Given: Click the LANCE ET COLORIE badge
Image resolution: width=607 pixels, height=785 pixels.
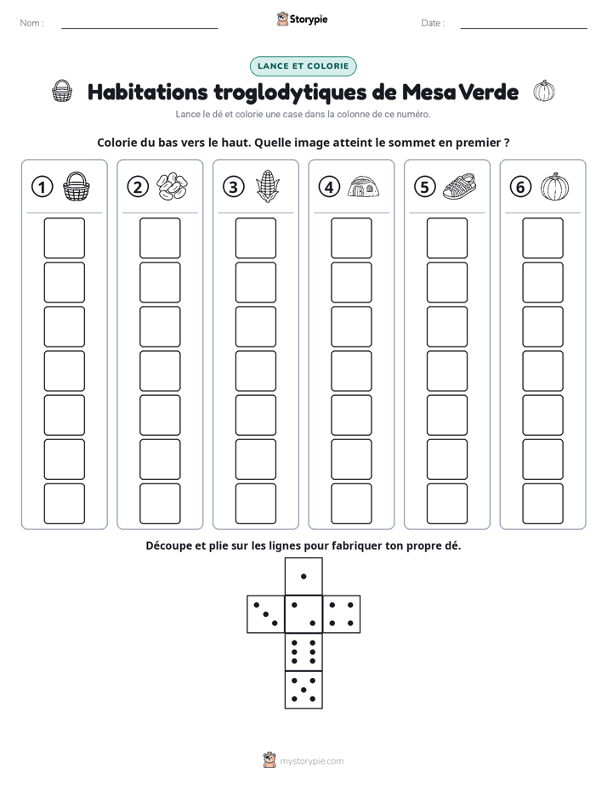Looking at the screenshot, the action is click(303, 66).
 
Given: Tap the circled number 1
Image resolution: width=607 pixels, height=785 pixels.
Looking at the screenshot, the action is click(42, 187).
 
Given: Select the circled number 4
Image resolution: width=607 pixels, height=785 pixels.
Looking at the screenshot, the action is click(329, 187).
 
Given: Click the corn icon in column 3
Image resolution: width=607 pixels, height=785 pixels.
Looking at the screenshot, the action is click(268, 186).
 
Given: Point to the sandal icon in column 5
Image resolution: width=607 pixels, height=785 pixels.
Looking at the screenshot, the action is click(459, 186).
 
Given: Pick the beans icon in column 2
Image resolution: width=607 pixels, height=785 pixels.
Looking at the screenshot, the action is click(172, 186).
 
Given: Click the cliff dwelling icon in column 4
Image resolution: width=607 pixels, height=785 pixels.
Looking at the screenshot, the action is click(364, 186).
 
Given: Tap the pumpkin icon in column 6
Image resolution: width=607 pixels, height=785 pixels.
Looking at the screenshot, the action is click(555, 187).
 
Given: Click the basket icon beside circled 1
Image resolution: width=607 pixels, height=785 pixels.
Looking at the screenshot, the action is click(77, 187).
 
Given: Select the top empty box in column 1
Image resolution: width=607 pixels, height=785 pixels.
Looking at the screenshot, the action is click(64, 238).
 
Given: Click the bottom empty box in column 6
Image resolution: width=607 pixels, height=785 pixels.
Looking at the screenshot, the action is click(543, 504).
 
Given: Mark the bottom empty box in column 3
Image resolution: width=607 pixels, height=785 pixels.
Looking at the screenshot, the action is click(255, 504).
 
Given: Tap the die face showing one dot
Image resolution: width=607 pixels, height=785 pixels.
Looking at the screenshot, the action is click(303, 576).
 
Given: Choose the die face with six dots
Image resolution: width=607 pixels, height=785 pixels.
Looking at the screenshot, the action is click(303, 652).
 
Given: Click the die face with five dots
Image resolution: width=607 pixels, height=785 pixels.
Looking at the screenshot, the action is click(303, 690).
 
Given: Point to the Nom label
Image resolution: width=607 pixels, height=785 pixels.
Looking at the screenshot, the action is click(31, 23).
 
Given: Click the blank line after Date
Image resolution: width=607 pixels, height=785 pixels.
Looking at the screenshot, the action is click(524, 28).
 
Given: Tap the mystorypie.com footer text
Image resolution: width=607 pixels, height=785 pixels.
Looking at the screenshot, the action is click(311, 761).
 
